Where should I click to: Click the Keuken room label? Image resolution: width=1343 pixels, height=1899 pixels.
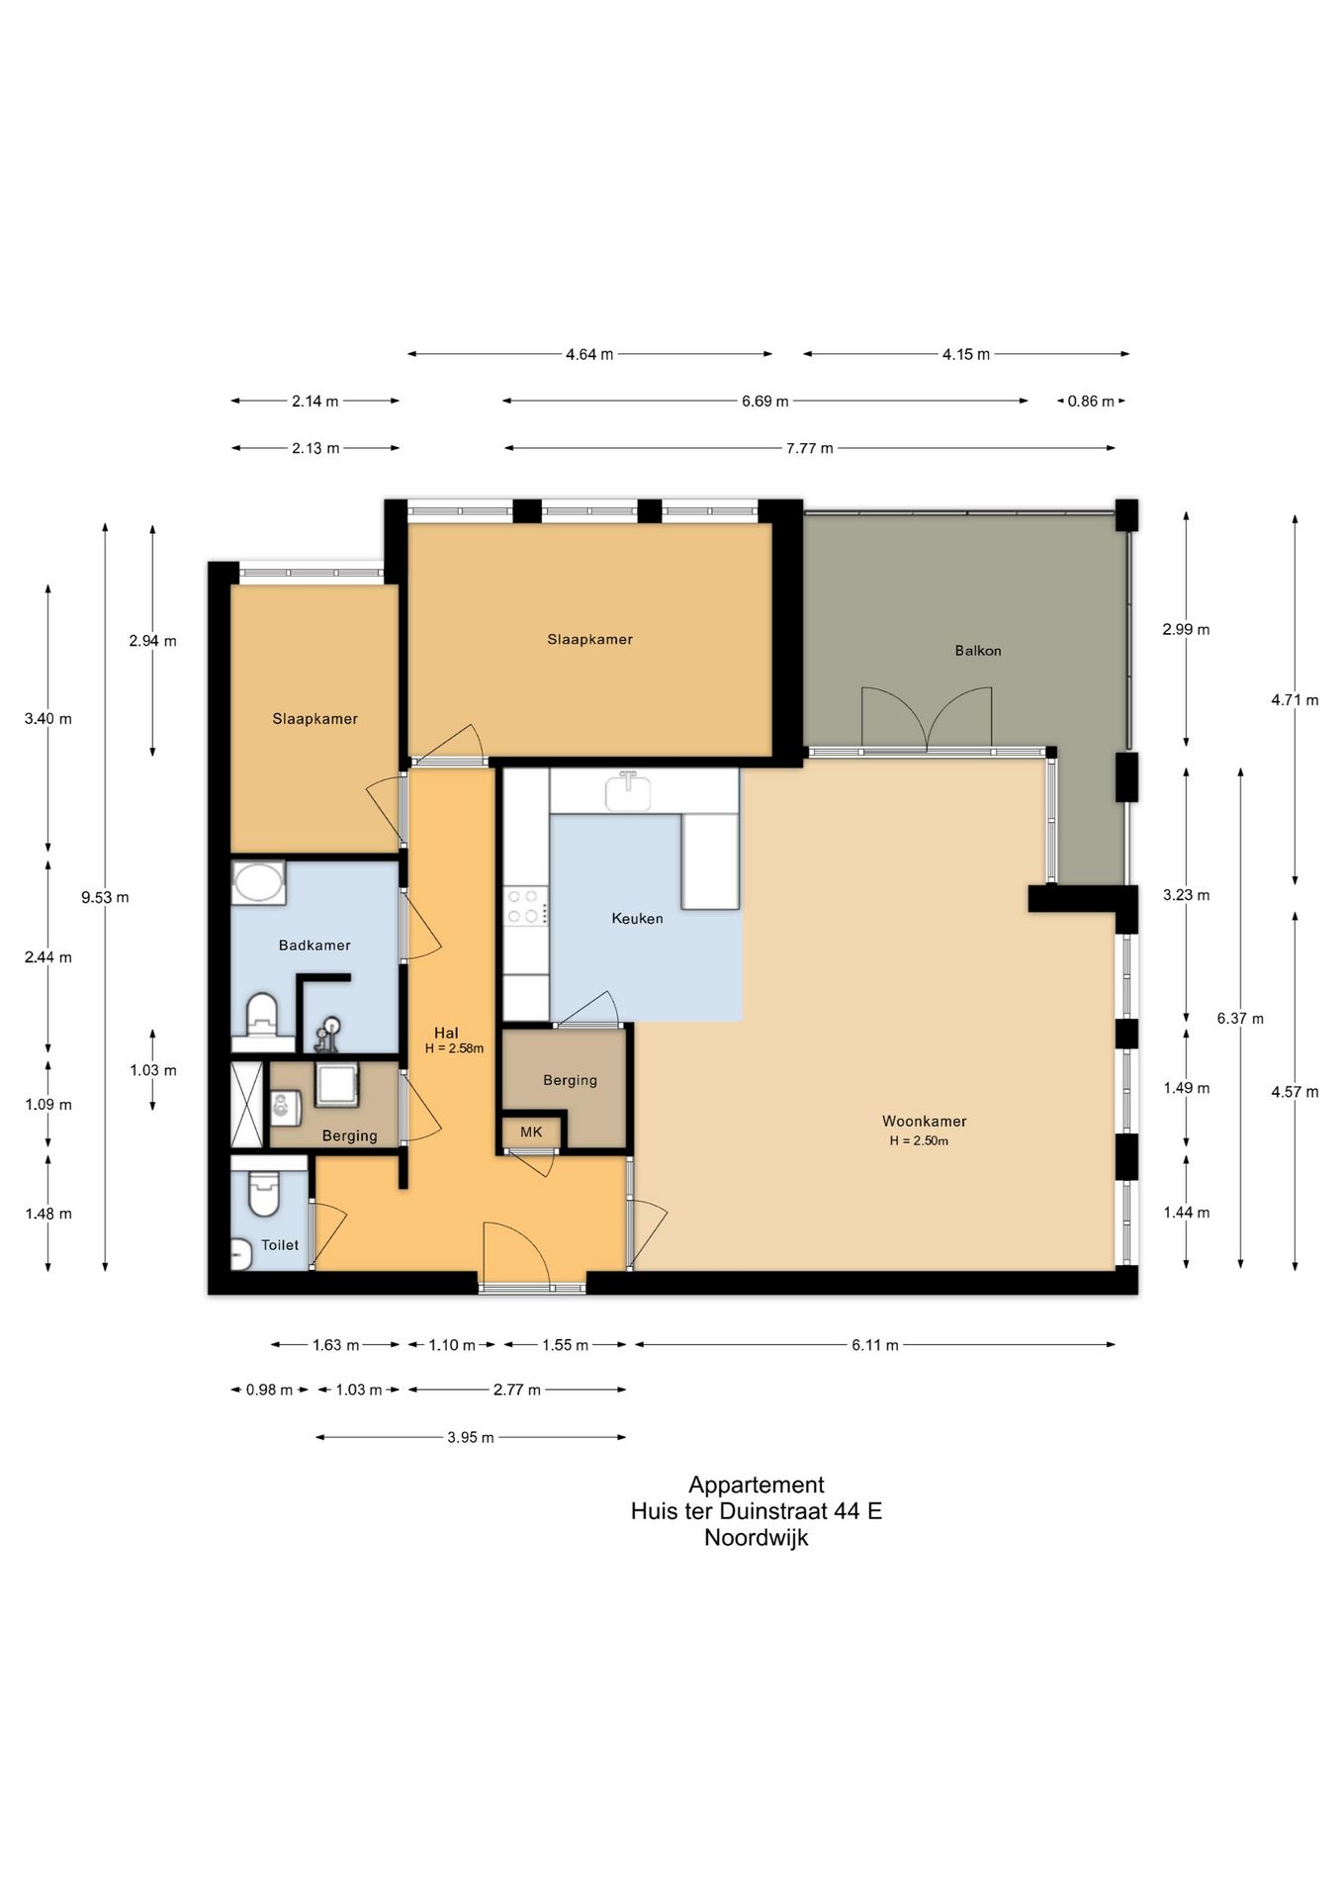[x=637, y=918]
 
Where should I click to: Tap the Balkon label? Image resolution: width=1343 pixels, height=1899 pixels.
[x=977, y=650]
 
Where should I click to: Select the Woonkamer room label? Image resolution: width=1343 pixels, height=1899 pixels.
[x=924, y=1121]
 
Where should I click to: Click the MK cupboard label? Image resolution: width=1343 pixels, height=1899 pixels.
[x=531, y=1131]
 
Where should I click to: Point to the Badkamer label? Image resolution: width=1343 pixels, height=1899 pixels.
[x=314, y=945]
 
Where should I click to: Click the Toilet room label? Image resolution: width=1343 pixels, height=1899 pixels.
[x=280, y=1244]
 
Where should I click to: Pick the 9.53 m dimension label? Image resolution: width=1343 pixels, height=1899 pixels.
[x=105, y=897]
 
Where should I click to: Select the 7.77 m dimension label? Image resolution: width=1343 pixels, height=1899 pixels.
[x=809, y=448]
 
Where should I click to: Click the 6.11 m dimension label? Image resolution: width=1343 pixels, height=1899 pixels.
[x=874, y=1344]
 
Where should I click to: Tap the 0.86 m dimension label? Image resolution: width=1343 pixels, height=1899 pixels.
[x=1090, y=401]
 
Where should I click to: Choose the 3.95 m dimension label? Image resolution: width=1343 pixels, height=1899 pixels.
[x=470, y=1436]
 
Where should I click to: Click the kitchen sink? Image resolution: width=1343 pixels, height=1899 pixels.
[x=628, y=790]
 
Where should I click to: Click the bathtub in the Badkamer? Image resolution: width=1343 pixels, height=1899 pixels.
[x=258, y=882]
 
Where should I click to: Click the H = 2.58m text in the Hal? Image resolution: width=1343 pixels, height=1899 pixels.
[x=454, y=1048]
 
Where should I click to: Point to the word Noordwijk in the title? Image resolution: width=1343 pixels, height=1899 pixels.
[x=756, y=1537]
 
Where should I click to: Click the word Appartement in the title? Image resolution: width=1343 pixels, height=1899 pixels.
[x=756, y=1484]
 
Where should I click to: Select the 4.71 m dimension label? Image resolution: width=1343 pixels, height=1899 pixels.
[x=1294, y=699]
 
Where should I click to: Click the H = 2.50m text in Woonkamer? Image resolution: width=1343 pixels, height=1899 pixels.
[x=918, y=1140]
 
